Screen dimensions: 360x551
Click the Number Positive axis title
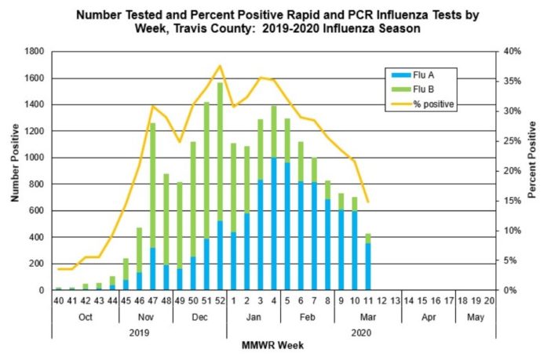(x=14, y=170)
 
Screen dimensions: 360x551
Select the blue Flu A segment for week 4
(x=274, y=224)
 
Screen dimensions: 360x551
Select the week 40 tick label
(x=58, y=300)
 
